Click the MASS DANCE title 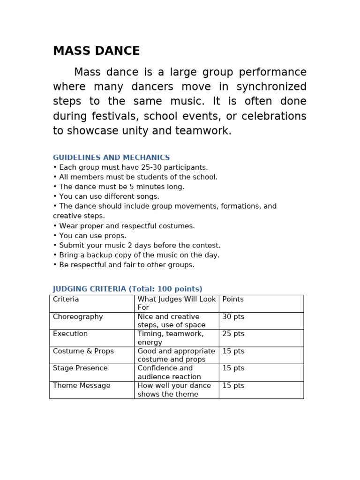(96, 51)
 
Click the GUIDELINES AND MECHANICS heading (111, 158)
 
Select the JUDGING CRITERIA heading (127, 289)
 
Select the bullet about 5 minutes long (119, 187)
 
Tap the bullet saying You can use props (90, 236)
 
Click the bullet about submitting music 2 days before (136, 246)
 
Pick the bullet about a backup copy (136, 255)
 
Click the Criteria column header (66, 300)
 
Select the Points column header (233, 300)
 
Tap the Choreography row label (78, 317)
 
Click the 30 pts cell (233, 317)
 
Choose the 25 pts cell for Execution (233, 334)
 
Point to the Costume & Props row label (83, 352)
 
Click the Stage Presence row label (80, 368)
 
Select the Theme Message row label (82, 386)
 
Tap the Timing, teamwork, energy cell (171, 338)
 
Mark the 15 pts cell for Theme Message (233, 386)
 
